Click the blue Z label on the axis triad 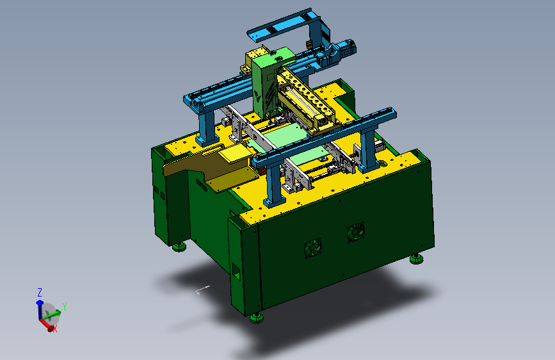coord(40,292)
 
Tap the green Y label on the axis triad coord(65,306)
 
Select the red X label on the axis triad coord(55,329)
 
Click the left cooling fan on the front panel coord(313,247)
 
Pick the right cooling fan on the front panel coord(356,232)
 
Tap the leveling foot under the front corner coord(257,318)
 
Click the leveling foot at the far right coord(417,259)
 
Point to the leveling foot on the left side coord(179,247)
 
